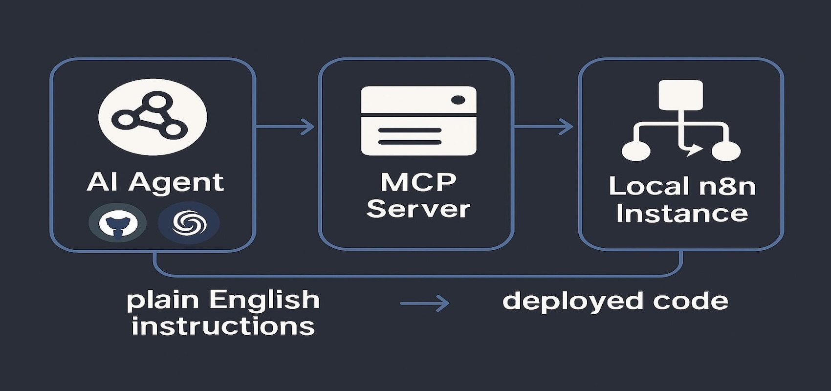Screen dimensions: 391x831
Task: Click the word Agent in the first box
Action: pyautogui.click(x=176, y=183)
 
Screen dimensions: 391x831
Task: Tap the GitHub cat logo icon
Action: pyautogui.click(x=118, y=223)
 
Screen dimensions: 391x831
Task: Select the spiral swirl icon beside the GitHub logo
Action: pyautogui.click(x=189, y=223)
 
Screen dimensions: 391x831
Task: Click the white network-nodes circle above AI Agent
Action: pyautogui.click(x=153, y=117)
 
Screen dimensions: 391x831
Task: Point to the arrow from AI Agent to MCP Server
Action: pyautogui.click(x=285, y=127)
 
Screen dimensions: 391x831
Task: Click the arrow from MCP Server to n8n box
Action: pyautogui.click(x=544, y=127)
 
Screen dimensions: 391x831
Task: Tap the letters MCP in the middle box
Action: pyautogui.click(x=418, y=182)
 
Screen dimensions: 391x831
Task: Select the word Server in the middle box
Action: pyautogui.click(x=418, y=209)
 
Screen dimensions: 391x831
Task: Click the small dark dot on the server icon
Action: pyautogui.click(x=459, y=100)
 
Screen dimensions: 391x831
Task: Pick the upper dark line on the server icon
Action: pyautogui.click(x=410, y=130)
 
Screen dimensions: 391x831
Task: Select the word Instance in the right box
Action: pyautogui.click(x=682, y=214)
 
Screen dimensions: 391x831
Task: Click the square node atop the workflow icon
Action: pyautogui.click(x=680, y=95)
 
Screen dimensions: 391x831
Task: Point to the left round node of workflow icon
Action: pyautogui.click(x=636, y=151)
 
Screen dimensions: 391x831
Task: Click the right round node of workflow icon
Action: pyautogui.click(x=726, y=151)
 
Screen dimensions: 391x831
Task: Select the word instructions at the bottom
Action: pyautogui.click(x=223, y=326)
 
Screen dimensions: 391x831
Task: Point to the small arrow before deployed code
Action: pyautogui.click(x=424, y=303)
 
